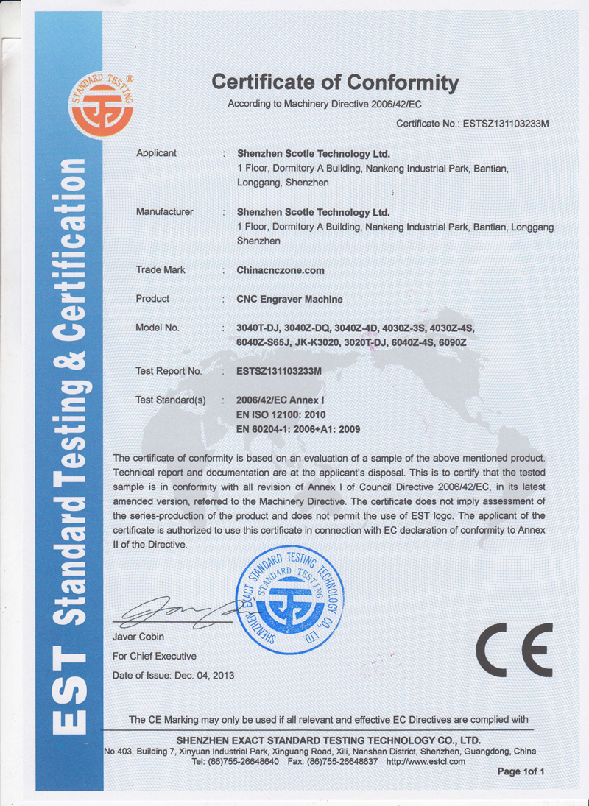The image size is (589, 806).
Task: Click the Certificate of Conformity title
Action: pyautogui.click(x=335, y=82)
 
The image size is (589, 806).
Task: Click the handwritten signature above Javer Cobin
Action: pyautogui.click(x=177, y=612)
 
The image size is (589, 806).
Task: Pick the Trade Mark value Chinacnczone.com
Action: pyautogui.click(x=281, y=270)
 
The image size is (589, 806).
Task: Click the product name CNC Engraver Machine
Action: pyautogui.click(x=289, y=299)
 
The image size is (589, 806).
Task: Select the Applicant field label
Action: pyautogui.click(x=157, y=153)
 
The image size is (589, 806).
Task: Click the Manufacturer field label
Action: pyautogui.click(x=165, y=212)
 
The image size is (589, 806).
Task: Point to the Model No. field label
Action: pyautogui.click(x=158, y=328)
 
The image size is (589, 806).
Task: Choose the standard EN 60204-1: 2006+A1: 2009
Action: pyautogui.click(x=297, y=428)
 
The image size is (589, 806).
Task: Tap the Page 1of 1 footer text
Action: pyautogui.click(x=521, y=771)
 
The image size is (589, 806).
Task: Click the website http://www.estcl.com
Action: pyautogui.click(x=426, y=761)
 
